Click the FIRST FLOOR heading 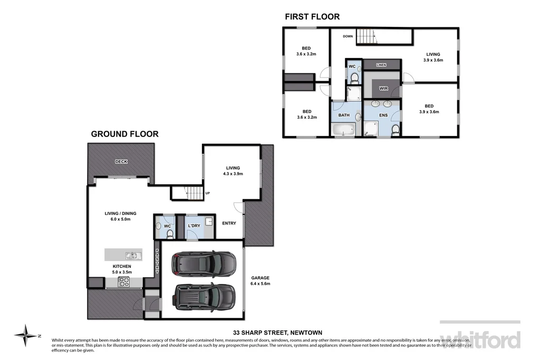[312, 17]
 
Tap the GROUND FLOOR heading [124, 134]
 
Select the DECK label [121, 162]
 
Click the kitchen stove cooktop [123, 283]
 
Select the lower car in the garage [204, 297]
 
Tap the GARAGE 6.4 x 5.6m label [260, 280]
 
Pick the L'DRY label [194, 226]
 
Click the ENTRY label [229, 223]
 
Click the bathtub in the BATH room [344, 130]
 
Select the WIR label [383, 89]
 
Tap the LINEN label [381, 65]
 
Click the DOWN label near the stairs [348, 36]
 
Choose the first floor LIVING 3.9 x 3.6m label [433, 57]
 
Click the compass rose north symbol [25, 334]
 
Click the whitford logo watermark [480, 339]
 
